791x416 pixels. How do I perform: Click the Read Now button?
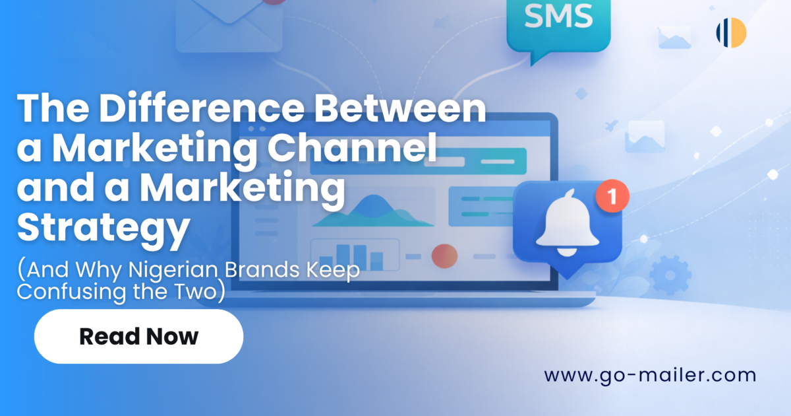138,337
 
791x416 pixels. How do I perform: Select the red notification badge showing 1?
612,196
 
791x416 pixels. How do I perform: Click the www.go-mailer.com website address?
650,376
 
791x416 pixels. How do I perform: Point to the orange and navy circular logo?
731,32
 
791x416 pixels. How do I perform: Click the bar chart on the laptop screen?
353,255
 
